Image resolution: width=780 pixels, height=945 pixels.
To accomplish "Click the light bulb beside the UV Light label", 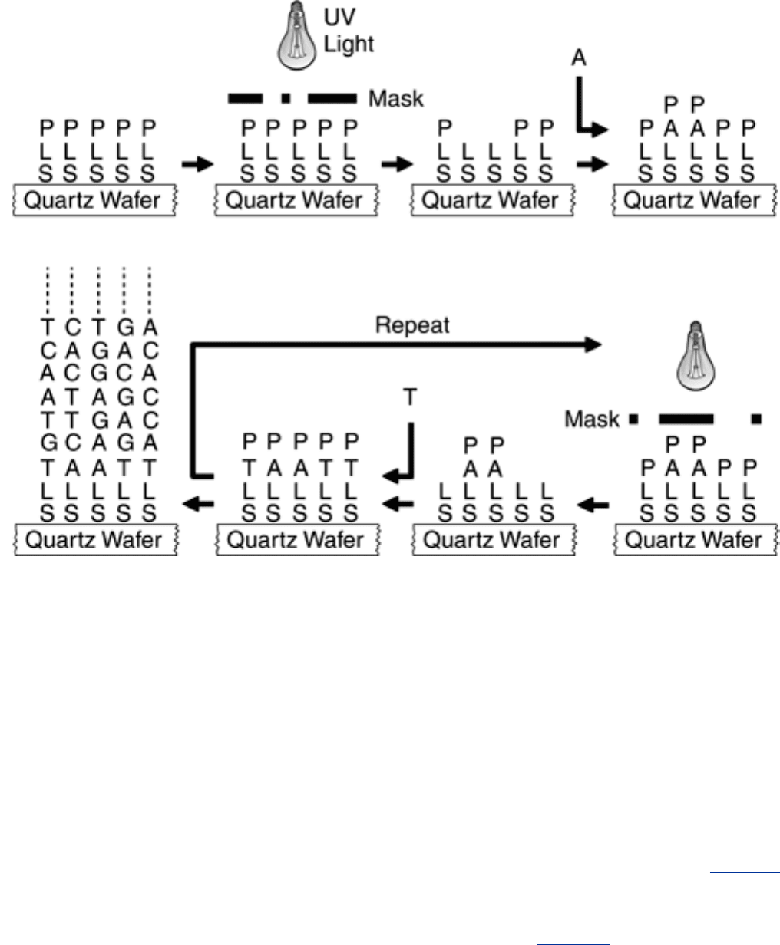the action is click(296, 36).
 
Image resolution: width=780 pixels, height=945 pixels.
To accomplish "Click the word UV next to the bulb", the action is click(340, 17).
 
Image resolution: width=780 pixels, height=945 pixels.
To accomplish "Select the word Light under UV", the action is click(349, 44).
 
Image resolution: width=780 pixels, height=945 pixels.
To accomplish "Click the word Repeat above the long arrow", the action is click(412, 325).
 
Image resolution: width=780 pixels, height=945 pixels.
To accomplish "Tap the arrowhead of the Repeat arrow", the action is click(593, 345).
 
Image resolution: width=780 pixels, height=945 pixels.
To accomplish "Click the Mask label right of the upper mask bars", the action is click(396, 99).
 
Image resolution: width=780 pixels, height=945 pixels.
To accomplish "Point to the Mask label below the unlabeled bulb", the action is click(592, 419).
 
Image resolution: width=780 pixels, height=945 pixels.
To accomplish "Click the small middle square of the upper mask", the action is click(286, 98).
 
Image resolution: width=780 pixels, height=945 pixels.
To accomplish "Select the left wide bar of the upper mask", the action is click(246, 98).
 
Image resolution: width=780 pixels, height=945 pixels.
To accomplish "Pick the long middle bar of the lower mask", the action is click(686, 419).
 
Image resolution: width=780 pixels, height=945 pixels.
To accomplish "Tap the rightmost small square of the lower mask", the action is click(756, 419).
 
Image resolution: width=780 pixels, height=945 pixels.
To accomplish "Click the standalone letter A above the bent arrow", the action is click(579, 58).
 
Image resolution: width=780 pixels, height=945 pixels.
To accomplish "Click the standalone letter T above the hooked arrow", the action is click(410, 397).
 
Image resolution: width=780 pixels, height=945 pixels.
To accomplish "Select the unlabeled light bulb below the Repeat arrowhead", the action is click(696, 356).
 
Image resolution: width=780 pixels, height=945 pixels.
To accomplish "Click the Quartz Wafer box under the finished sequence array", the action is click(95, 539).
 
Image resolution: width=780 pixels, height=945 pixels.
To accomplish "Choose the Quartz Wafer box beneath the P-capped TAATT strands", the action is click(298, 539).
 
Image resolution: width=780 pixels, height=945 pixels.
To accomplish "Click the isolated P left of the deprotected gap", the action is click(445, 128).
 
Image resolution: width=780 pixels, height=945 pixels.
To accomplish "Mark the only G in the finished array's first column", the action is click(49, 443).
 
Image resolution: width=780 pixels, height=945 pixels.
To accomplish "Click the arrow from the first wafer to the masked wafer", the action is click(197, 164).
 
